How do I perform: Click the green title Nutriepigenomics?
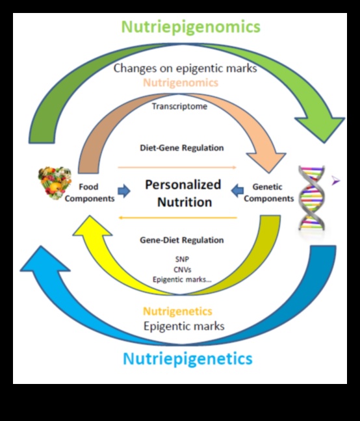pos(191,27)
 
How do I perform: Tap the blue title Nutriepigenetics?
pos(187,358)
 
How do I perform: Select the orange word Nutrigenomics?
pos(181,83)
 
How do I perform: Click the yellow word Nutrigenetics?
pos(177,311)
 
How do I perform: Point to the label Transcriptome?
pos(180,106)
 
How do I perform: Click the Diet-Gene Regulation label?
pos(182,147)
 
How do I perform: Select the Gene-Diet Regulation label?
pos(182,240)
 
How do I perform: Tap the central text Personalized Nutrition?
pos(183,193)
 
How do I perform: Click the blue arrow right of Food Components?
pos(123,190)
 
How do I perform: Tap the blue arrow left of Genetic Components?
pos(237,190)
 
